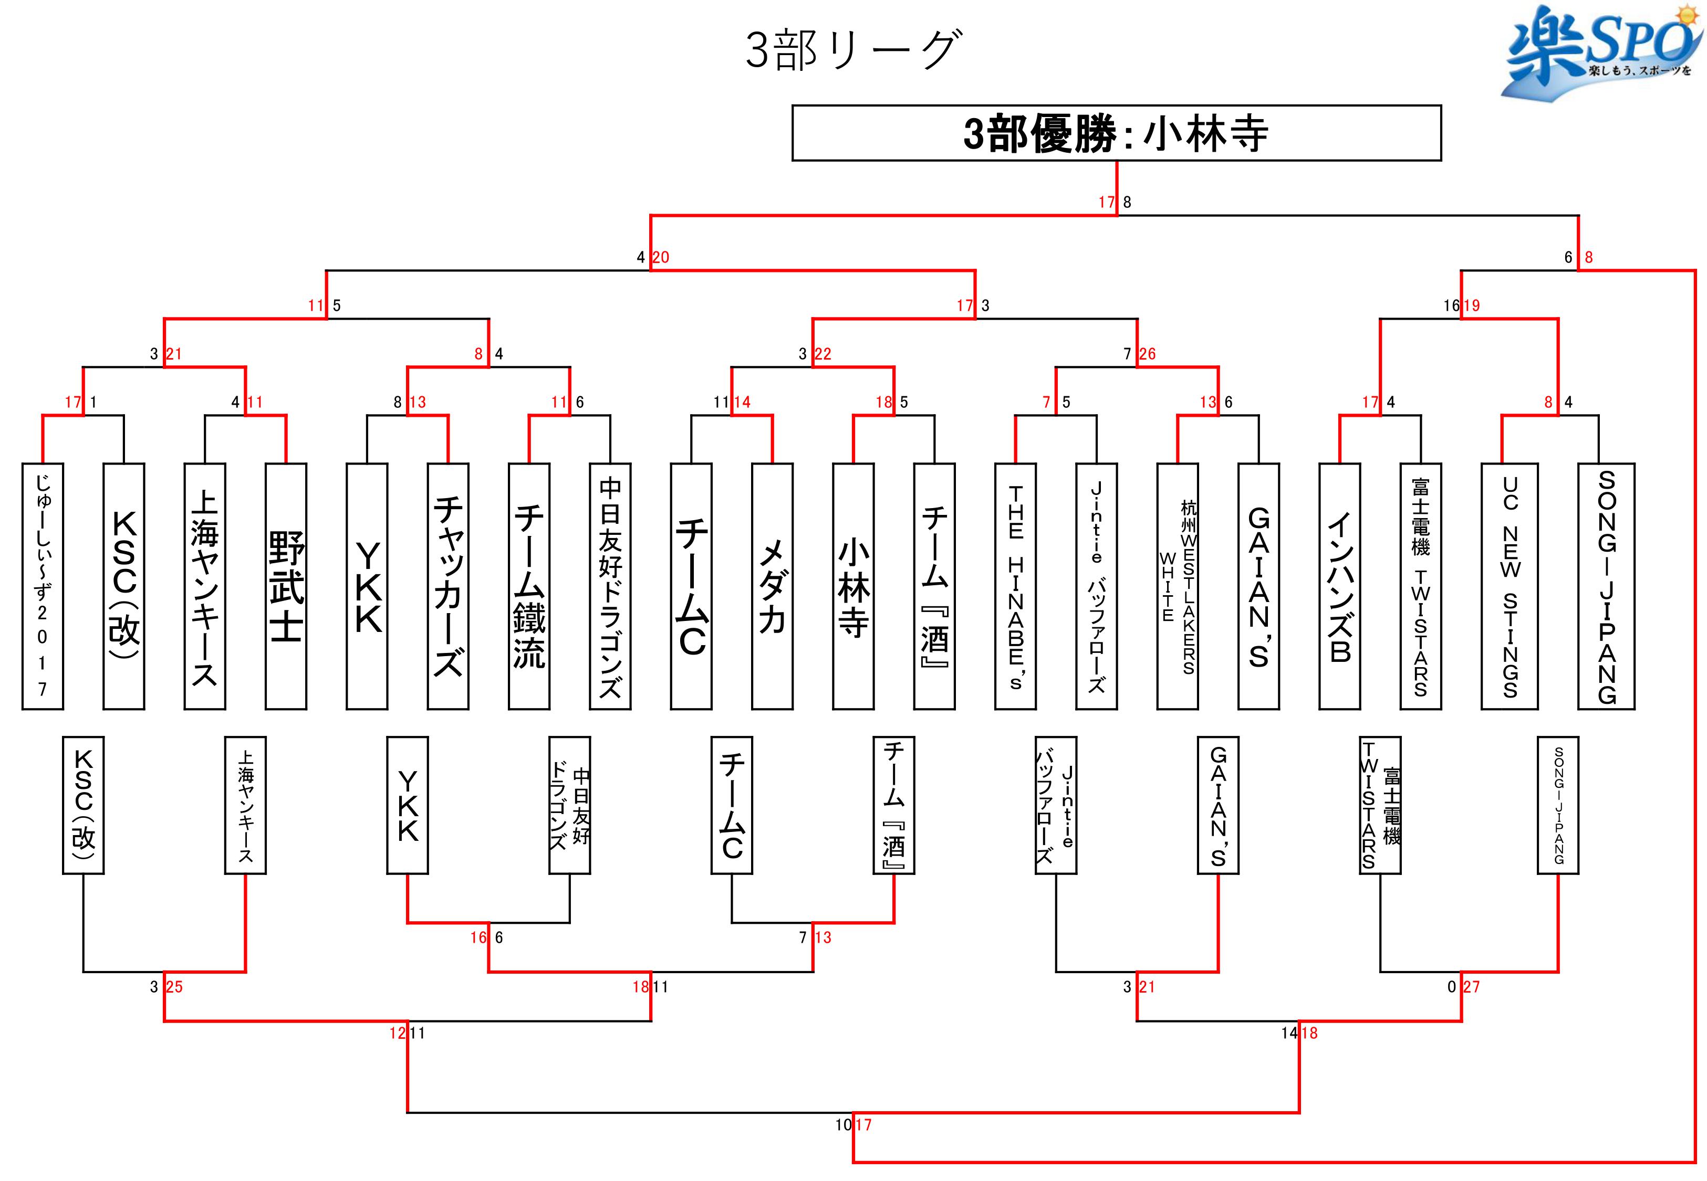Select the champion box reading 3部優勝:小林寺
coord(1116,133)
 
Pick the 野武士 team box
coord(286,586)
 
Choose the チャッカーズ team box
coord(448,586)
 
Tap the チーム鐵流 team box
coord(528,586)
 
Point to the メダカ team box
coord(772,586)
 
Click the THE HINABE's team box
coord(1016,586)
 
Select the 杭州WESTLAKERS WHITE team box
coord(1178,586)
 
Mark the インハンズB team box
coord(1340,586)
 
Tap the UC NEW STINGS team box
coord(1510,586)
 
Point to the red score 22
coord(823,354)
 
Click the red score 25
coord(174,987)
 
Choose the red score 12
coord(398,1034)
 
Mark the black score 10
coord(843,1125)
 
